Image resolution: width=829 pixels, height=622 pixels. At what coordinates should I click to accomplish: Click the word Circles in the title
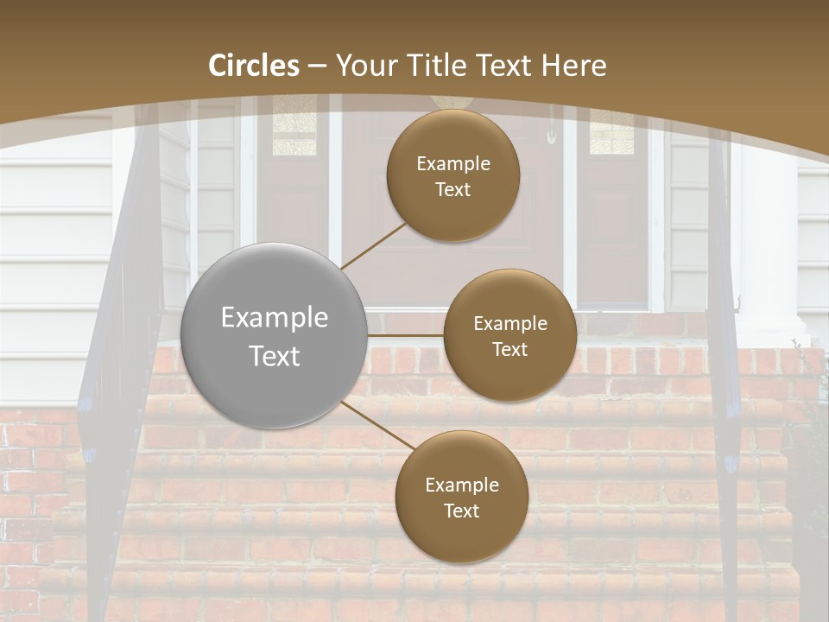(x=254, y=66)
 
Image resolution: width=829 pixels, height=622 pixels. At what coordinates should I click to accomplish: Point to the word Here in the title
(x=573, y=66)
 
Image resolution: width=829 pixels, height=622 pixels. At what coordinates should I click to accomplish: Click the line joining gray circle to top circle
(x=373, y=245)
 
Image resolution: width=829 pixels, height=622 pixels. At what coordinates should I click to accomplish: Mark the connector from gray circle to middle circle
(x=406, y=335)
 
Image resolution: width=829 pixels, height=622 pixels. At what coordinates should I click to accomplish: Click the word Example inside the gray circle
(x=274, y=318)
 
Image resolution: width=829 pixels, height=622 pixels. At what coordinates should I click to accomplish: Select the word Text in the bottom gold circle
(x=461, y=511)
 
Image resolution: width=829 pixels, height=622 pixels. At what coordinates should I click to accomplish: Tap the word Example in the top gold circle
(x=453, y=163)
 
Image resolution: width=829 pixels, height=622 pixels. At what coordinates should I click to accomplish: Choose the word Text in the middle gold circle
(x=509, y=349)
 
